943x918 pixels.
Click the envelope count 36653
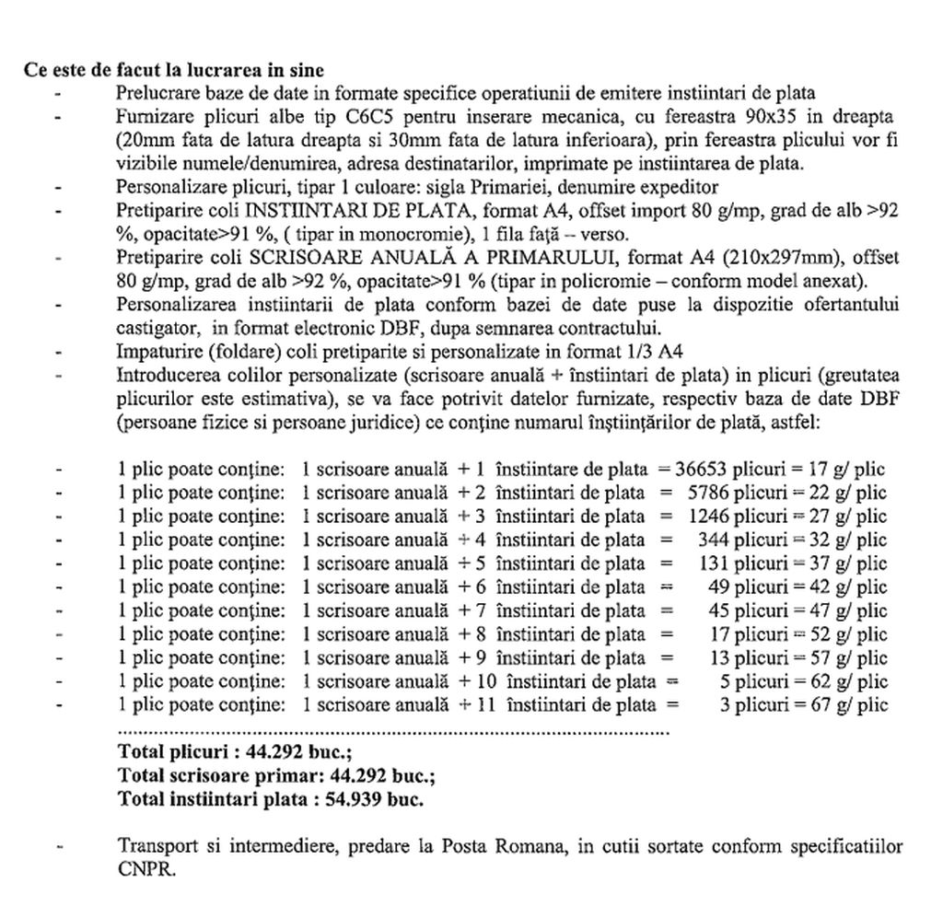pyautogui.click(x=704, y=469)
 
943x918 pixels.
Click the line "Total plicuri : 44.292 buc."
pyautogui.click(x=221, y=752)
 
